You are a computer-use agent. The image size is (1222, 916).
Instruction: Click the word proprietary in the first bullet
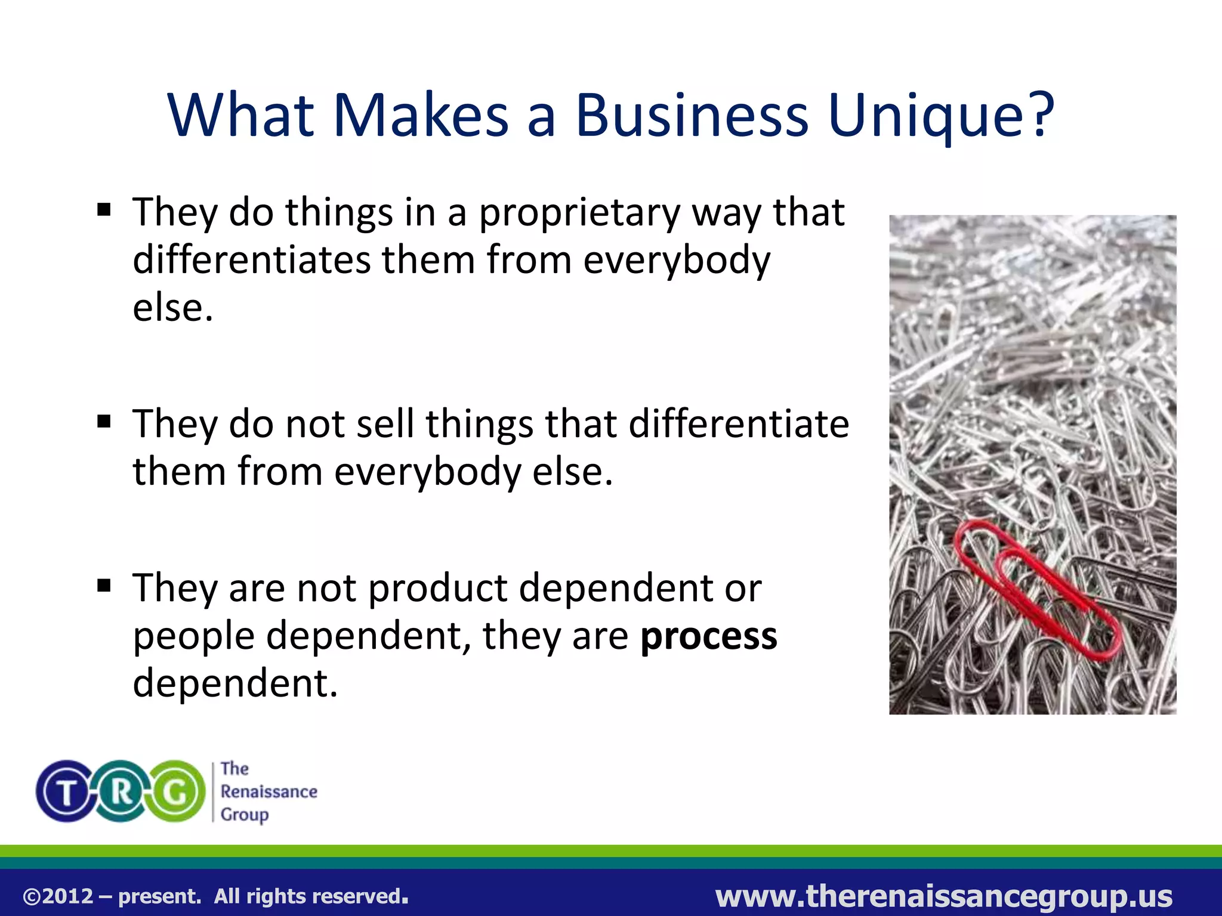tap(579, 213)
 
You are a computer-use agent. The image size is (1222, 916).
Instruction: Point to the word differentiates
tap(251, 260)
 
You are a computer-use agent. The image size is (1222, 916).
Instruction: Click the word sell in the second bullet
tap(385, 424)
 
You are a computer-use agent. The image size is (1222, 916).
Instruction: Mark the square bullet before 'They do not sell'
tap(104, 422)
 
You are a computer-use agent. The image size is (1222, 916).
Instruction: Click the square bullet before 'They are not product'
tap(104, 586)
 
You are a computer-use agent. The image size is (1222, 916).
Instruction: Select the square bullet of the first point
tap(104, 210)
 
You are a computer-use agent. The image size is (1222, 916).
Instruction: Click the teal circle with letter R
tap(121, 791)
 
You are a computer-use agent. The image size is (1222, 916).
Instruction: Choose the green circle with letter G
tap(177, 791)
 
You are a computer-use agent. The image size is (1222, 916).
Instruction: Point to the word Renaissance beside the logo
tap(269, 791)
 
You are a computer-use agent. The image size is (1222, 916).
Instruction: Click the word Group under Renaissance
tap(245, 815)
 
